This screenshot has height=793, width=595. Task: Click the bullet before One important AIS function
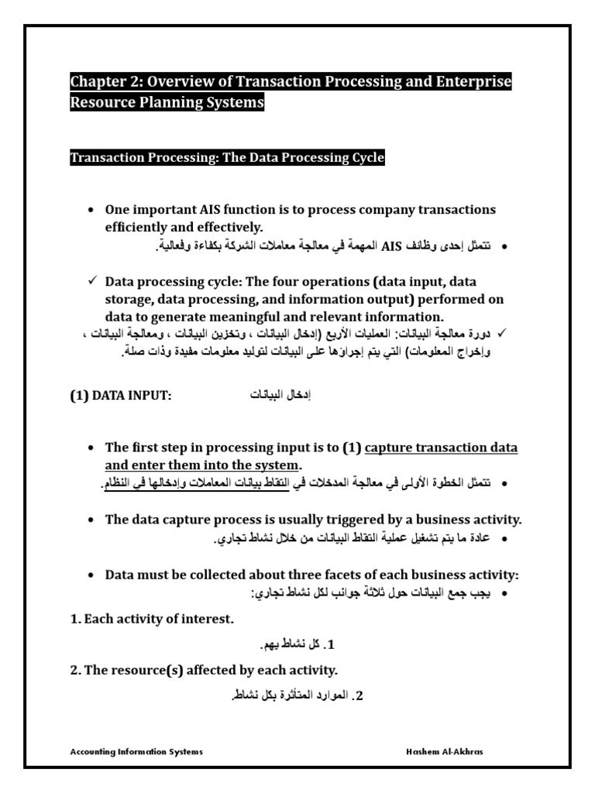[x=91, y=211]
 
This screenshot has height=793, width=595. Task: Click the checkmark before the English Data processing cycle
[x=91, y=282]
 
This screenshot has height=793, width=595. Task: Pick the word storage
[x=129, y=300]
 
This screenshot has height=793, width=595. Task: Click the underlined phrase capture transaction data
[x=441, y=448]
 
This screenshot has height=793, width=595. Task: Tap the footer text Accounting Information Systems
[x=136, y=752]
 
